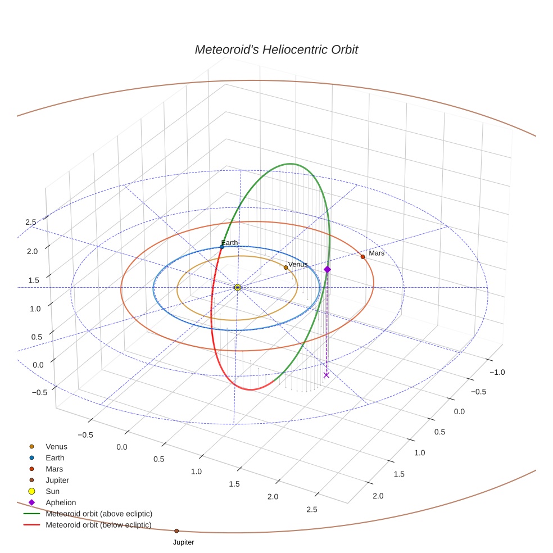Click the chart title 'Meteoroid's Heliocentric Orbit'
pyautogui.click(x=276, y=49)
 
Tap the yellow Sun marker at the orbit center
pyautogui.click(x=238, y=287)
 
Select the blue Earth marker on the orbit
pyautogui.click(x=222, y=247)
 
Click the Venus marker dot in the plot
pyautogui.click(x=285, y=268)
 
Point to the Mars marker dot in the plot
pyautogui.click(x=362, y=256)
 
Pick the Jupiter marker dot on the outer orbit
pyautogui.click(x=176, y=531)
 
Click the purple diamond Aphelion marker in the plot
pyautogui.click(x=328, y=269)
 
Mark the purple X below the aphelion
pyautogui.click(x=327, y=375)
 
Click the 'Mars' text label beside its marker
pyautogui.click(x=377, y=253)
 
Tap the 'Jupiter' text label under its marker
pyautogui.click(x=184, y=542)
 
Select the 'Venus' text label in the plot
pyautogui.click(x=298, y=264)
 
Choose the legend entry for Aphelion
pyautogui.click(x=61, y=502)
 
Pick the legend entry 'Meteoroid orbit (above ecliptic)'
pyautogui.click(x=99, y=514)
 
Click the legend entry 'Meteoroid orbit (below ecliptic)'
pyautogui.click(x=98, y=525)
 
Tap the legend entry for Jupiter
pyautogui.click(x=57, y=480)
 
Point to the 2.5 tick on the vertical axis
pyautogui.click(x=31, y=222)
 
